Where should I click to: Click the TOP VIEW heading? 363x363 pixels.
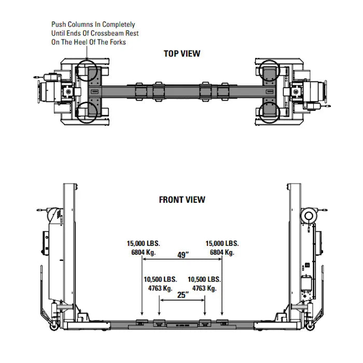[181, 53]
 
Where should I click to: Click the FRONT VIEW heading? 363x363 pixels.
[181, 200]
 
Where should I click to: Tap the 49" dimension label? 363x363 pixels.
[182, 255]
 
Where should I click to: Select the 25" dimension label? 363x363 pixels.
[182, 295]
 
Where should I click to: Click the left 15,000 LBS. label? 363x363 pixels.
[144, 243]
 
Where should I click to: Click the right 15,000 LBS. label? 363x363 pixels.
[222, 243]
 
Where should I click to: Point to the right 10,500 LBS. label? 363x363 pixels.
[204, 279]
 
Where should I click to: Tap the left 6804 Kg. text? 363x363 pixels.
[144, 252]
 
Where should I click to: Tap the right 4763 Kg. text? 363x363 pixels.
[204, 288]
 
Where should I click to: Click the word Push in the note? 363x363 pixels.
[58, 24]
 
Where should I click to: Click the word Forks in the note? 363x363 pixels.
[117, 42]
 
